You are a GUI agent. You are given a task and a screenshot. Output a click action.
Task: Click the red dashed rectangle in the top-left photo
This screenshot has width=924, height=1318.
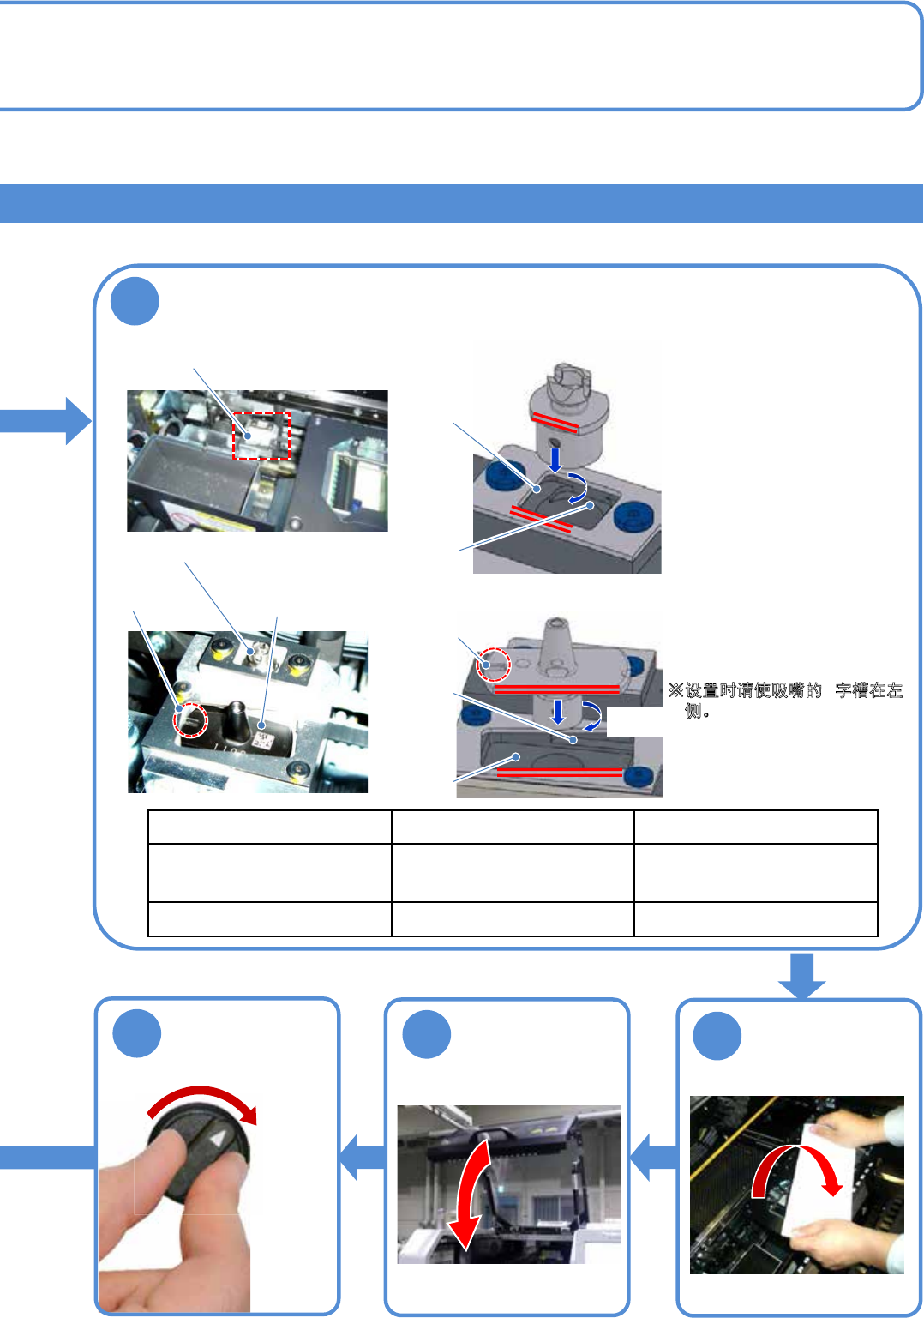tap(262, 436)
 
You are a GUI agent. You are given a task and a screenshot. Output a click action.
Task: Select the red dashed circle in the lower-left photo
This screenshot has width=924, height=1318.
tap(190, 720)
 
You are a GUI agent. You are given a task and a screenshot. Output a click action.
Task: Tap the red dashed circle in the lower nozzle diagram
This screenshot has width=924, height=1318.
tap(494, 664)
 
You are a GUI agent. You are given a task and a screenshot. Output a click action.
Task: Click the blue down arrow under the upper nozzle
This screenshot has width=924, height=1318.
tap(555, 458)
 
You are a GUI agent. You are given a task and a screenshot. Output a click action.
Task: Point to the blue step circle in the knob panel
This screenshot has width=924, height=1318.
tap(137, 1033)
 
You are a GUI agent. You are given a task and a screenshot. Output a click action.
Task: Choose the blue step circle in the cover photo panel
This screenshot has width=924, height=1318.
tap(427, 1034)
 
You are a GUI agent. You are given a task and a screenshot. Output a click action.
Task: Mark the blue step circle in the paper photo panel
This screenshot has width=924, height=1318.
tap(717, 1036)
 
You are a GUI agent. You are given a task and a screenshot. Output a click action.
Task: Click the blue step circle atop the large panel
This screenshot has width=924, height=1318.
tap(135, 302)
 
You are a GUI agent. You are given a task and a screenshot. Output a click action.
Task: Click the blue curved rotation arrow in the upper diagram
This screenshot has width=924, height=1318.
tap(578, 487)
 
